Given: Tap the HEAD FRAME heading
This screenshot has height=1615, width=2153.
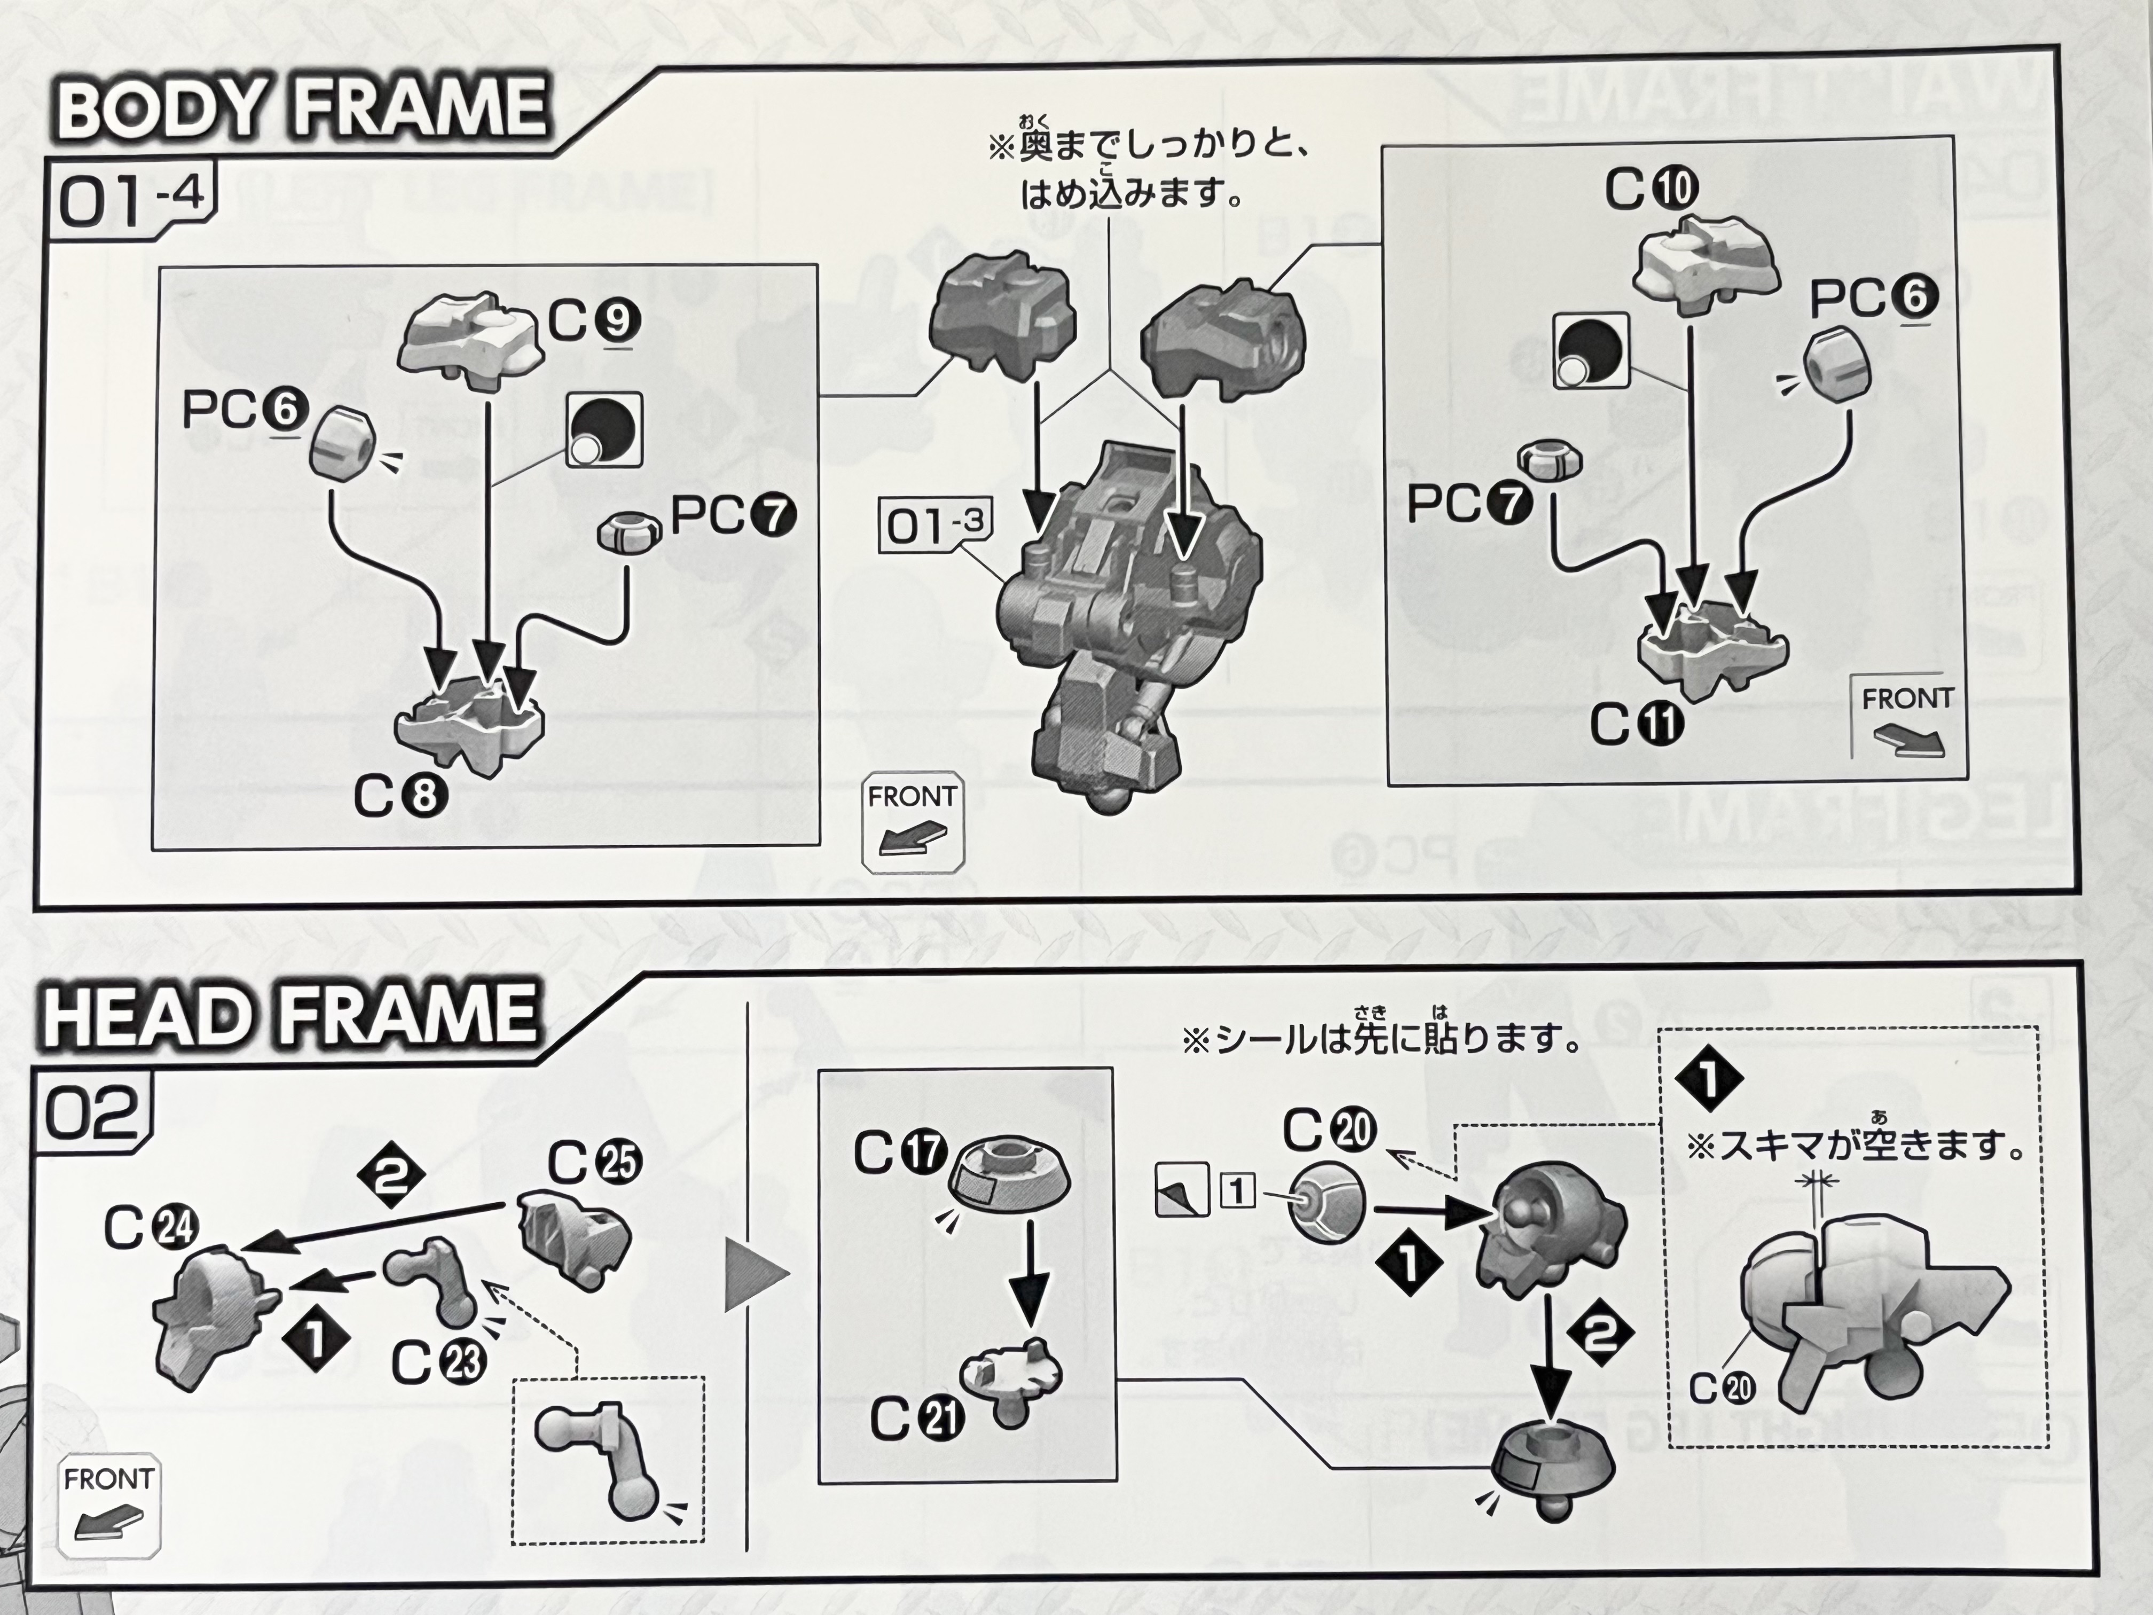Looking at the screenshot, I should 290,1015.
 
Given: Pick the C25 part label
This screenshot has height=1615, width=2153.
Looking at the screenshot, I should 594,1162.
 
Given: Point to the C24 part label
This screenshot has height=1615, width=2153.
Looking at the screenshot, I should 151,1228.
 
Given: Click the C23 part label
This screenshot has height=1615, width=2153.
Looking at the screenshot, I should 438,1362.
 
